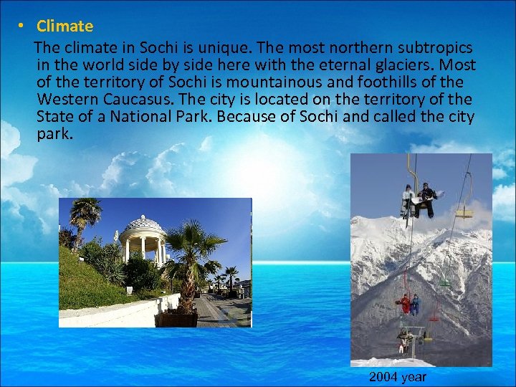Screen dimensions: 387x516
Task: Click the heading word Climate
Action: click(64, 27)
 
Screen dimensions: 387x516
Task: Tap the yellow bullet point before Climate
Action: click(22, 27)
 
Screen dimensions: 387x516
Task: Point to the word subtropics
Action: click(436, 48)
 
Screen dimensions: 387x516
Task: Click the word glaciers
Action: click(401, 65)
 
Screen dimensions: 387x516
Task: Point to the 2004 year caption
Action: click(398, 377)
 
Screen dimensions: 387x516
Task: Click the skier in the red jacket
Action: click(405, 303)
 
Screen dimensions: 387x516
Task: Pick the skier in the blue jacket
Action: click(415, 304)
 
